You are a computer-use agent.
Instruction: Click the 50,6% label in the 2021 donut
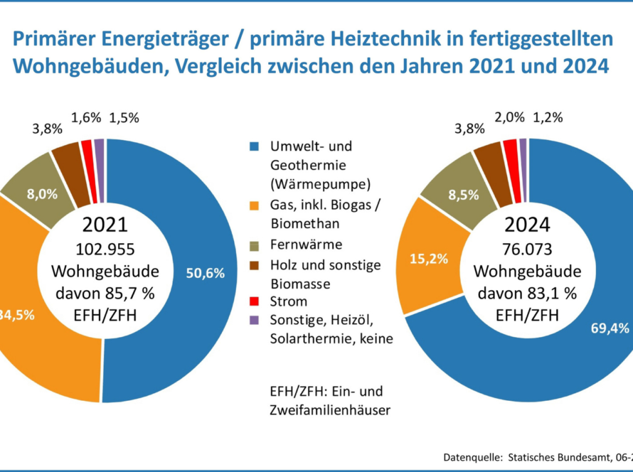[x=205, y=273]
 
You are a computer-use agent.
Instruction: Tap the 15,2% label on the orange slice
[x=429, y=259]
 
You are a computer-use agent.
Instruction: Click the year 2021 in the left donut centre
[x=105, y=225]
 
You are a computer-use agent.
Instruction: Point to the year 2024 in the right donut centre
[x=527, y=225]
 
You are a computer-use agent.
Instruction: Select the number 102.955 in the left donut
[x=105, y=250]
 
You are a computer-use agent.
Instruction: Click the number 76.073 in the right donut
[x=527, y=250]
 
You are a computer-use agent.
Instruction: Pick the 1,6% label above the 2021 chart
[x=86, y=118]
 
